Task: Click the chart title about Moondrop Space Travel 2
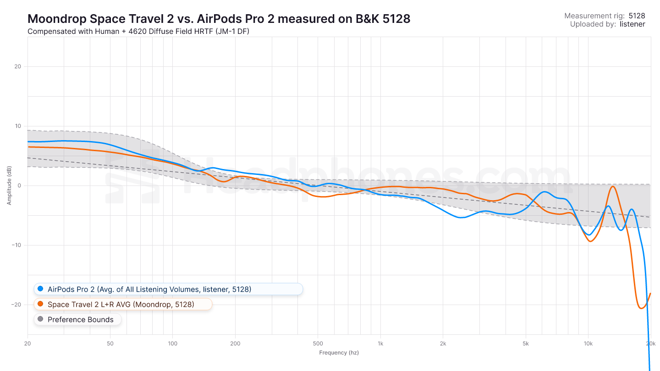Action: coord(219,19)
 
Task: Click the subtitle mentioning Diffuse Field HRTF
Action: coord(138,32)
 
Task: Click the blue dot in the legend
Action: coord(40,289)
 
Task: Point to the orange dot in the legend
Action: coord(40,304)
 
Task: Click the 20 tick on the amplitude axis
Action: coord(18,66)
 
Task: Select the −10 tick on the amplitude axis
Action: coord(16,245)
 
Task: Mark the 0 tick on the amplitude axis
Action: coord(19,185)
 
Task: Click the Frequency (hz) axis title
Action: coord(339,353)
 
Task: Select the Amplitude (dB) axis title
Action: coord(9,185)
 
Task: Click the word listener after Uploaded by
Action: coord(632,24)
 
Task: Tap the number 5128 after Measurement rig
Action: coord(637,16)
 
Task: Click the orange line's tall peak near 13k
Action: coord(613,186)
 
